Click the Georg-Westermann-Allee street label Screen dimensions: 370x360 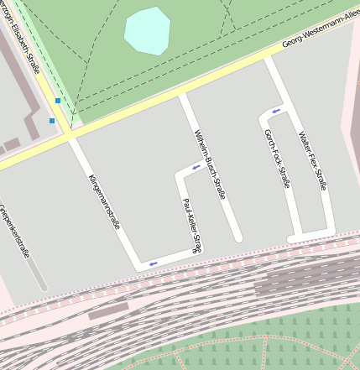[321, 32]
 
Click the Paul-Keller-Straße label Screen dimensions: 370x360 [192, 225]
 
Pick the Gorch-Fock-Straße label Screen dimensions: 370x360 [276, 159]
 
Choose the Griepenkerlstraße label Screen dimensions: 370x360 [15, 231]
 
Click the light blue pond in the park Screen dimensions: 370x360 [147, 30]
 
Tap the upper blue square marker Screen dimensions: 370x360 [57, 101]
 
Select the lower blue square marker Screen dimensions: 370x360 [52, 121]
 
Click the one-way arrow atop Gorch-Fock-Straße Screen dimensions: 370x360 [276, 111]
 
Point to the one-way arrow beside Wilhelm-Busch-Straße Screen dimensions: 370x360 [196, 167]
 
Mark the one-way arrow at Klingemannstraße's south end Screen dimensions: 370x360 [153, 264]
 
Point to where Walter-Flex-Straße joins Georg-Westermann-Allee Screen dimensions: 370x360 [269, 60]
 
